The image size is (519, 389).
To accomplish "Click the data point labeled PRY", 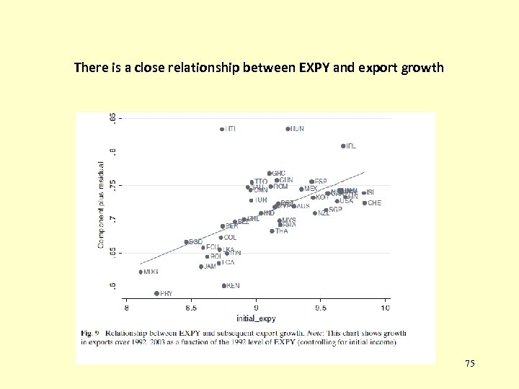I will (156, 293).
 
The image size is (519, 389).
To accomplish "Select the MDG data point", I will (141, 272).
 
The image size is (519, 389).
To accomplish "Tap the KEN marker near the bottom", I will (224, 285).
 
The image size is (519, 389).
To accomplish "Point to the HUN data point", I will (288, 129).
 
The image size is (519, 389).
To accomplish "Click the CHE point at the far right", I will (364, 203).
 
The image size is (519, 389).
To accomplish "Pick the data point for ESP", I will (311, 182).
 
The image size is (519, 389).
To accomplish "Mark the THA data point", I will (272, 231).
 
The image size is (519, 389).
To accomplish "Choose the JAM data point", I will (201, 267).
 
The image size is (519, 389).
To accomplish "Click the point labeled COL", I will (221, 237).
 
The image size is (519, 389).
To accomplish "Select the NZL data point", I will (314, 213).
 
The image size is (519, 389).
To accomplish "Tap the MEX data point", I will (301, 189).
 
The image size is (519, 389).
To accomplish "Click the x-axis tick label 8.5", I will (191, 308).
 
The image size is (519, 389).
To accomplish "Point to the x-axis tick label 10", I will (385, 308).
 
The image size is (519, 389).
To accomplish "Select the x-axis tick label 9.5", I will (321, 308).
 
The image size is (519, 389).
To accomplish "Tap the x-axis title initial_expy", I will (256, 318).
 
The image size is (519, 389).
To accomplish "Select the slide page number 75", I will (469, 365).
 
